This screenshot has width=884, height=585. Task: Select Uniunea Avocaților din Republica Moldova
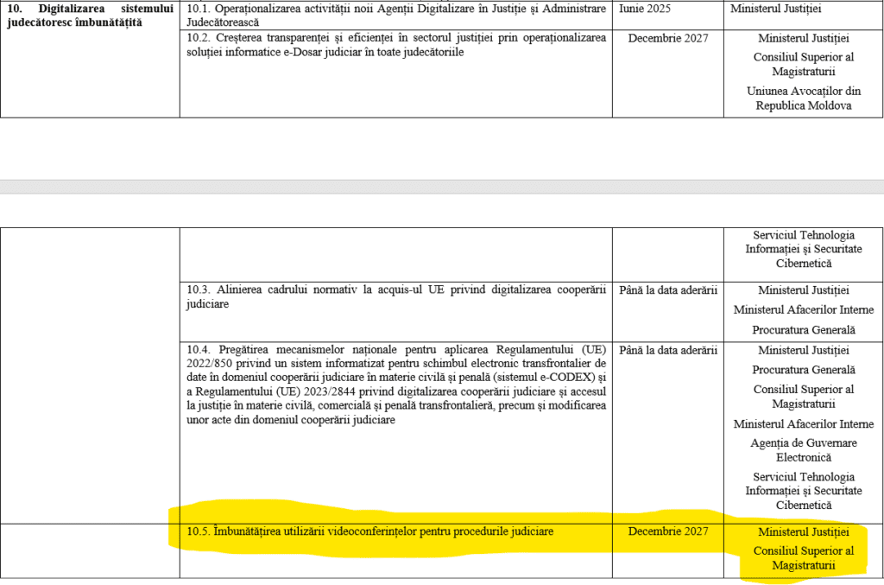804,98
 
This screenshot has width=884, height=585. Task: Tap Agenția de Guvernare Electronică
804,449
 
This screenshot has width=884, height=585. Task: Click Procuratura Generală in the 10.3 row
804,329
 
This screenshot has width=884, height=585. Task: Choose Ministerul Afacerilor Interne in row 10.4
804,423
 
